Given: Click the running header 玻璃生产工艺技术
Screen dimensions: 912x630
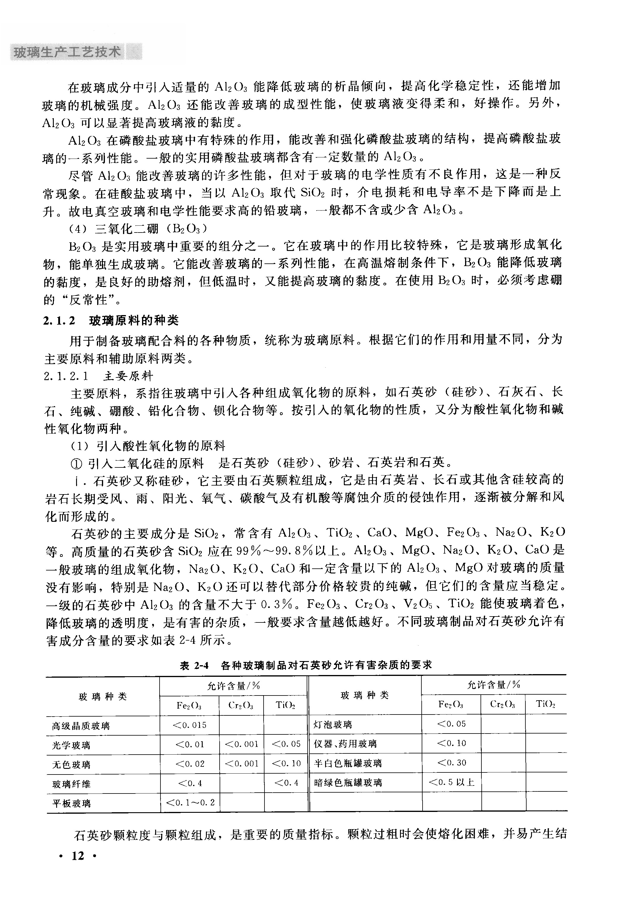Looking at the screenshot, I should (67, 52).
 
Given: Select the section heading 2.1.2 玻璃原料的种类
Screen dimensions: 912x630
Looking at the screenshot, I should (111, 320).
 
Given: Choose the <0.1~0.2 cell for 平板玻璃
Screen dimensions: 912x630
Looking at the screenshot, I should (190, 802).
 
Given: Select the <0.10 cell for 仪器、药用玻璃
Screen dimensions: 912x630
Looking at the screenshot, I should (451, 743).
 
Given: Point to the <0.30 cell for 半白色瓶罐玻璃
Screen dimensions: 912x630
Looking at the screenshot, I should (451, 763).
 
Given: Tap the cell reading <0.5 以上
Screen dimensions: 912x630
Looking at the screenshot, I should (451, 782).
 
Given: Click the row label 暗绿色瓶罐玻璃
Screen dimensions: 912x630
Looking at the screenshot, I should (348, 783).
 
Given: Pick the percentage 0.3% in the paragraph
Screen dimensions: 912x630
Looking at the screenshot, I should (276, 604).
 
